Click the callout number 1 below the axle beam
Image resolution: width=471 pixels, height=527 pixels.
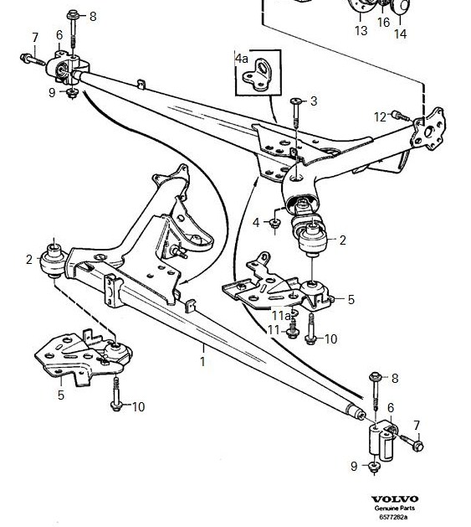(x=202, y=362)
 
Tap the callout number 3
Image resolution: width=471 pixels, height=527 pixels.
(x=314, y=101)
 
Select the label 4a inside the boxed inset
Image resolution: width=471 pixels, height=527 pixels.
(x=242, y=59)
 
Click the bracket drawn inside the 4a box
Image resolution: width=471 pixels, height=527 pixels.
(x=257, y=75)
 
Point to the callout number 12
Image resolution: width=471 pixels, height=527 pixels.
(x=381, y=117)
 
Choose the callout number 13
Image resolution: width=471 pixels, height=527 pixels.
(x=361, y=31)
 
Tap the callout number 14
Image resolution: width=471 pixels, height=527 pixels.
(x=400, y=34)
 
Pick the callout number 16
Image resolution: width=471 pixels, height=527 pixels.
(x=383, y=23)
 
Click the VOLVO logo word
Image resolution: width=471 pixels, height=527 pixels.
(x=395, y=499)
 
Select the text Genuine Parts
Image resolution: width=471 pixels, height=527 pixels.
(x=395, y=509)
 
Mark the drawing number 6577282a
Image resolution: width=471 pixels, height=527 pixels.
(x=393, y=517)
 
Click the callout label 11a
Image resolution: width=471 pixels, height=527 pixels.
(x=281, y=316)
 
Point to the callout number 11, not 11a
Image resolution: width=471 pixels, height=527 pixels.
(x=274, y=331)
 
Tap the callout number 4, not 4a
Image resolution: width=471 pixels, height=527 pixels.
(x=256, y=222)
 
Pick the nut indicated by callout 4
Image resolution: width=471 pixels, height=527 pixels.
(x=275, y=223)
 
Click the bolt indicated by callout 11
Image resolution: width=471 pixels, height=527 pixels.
(x=293, y=328)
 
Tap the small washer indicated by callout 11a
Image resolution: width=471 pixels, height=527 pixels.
(x=294, y=313)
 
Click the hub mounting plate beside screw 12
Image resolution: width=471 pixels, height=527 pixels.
(x=428, y=129)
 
